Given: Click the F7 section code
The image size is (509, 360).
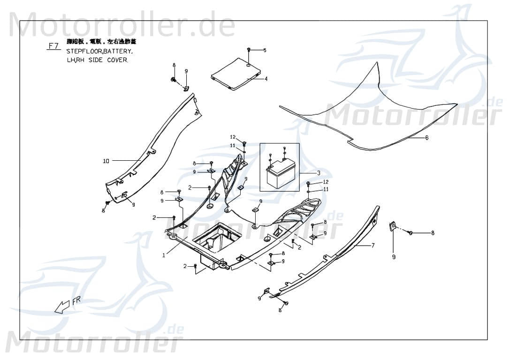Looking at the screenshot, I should point(53,46).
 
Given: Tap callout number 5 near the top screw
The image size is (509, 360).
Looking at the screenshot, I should point(264,50).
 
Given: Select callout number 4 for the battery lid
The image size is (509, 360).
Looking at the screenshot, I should point(266,79).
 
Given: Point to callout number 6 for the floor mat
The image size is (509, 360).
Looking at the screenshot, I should point(427,138).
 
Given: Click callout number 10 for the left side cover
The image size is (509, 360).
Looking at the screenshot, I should point(106,161).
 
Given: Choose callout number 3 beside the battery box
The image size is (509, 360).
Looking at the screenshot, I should point(319,173).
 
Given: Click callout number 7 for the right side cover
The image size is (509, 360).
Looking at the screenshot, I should point(373,245).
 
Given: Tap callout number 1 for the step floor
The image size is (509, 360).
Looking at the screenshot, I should point(164,255).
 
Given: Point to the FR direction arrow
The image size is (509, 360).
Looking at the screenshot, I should point(62,307).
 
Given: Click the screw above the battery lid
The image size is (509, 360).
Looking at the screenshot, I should point(249,50).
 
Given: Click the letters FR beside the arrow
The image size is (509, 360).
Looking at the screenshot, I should point(76,300).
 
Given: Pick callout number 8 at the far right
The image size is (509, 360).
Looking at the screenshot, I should point(433,232).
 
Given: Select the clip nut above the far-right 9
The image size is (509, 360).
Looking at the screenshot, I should point(392,226).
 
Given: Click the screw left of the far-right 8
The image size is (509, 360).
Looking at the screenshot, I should point(410,232).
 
